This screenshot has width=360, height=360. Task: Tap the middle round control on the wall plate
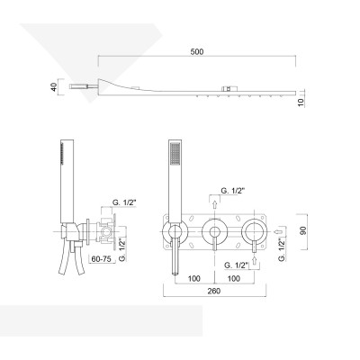pyautogui.click(x=214, y=232)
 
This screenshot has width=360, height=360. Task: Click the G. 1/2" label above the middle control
pyautogui.click(x=233, y=191)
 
